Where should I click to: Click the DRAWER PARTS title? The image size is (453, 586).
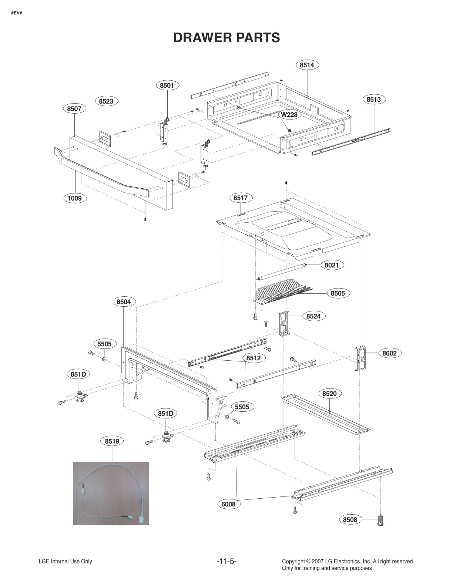click(226, 38)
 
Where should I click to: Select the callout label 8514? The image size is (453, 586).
click(307, 65)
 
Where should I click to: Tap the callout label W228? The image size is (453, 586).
click(289, 115)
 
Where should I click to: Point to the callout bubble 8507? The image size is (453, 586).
click(74, 108)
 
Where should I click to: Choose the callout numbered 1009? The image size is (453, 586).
click(74, 198)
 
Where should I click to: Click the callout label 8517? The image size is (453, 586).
click(240, 198)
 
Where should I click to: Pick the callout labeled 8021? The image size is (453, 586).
click(332, 265)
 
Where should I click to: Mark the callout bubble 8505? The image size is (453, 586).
click(338, 293)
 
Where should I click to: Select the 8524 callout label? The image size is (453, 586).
click(313, 316)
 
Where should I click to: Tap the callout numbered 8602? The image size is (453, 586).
click(389, 353)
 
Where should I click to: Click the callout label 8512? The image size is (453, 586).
click(254, 358)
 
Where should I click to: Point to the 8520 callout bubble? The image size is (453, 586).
click(329, 394)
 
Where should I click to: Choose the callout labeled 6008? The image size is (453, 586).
click(229, 504)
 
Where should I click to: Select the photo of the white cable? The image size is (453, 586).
click(111, 493)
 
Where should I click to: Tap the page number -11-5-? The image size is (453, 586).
click(226, 562)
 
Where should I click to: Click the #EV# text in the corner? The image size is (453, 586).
click(16, 14)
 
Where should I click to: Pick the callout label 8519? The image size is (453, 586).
click(112, 441)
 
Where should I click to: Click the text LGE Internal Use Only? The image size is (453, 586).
click(65, 562)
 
